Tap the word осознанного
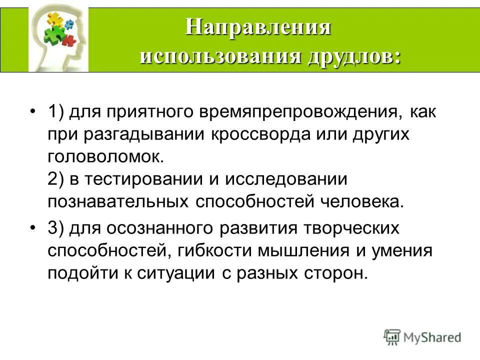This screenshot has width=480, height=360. point(144,228)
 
